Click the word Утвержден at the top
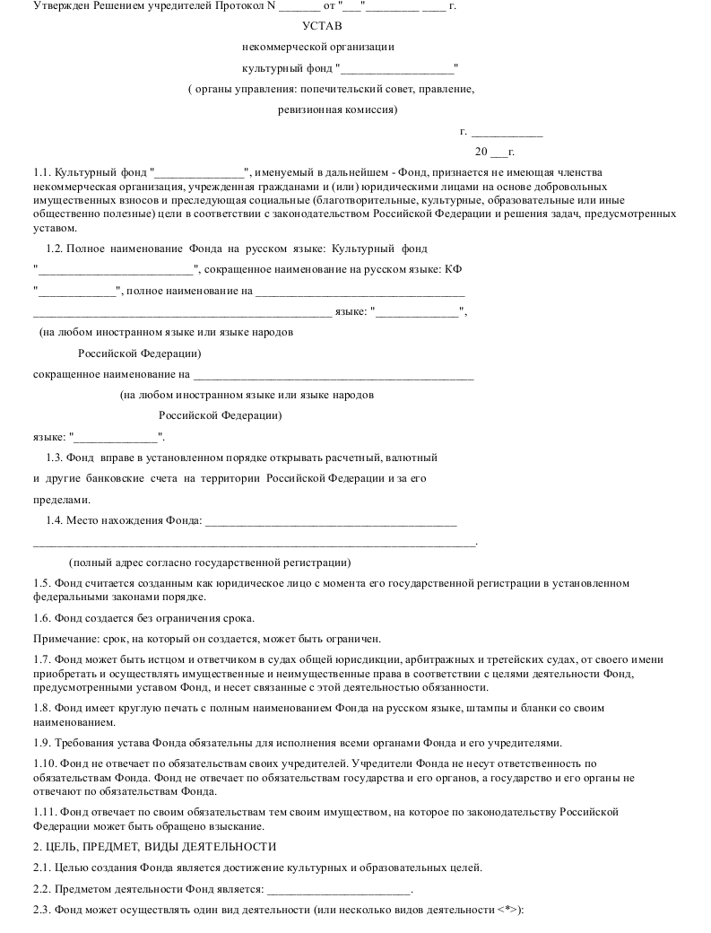coord(60,6)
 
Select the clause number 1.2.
coord(55,248)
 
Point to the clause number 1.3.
coord(55,457)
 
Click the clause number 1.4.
coord(55,520)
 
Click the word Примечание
coord(65,639)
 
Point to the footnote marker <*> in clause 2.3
coord(507,911)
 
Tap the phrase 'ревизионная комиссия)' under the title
coord(338,111)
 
